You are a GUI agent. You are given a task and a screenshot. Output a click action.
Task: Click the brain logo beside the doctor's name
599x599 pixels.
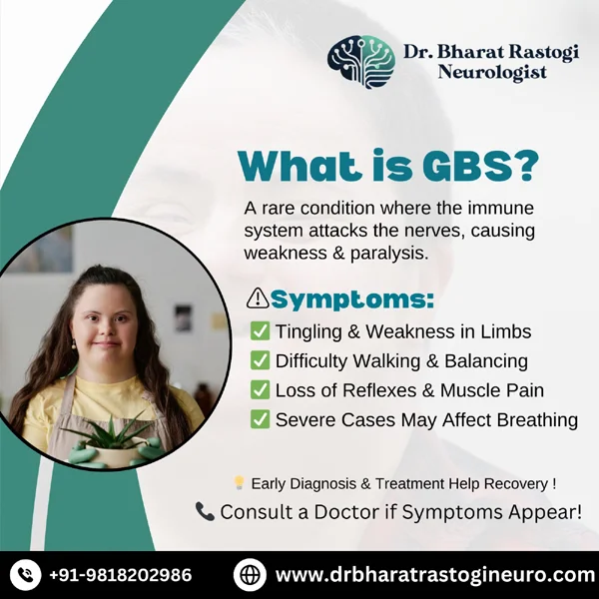(x=361, y=62)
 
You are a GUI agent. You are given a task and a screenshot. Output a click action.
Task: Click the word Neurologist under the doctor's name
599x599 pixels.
(x=492, y=72)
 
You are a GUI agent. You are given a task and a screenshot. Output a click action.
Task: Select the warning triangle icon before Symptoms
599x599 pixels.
(x=258, y=299)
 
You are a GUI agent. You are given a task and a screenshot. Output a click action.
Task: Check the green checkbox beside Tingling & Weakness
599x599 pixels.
(x=260, y=330)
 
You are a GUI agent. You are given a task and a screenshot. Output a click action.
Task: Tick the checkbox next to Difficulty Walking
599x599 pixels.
(x=260, y=360)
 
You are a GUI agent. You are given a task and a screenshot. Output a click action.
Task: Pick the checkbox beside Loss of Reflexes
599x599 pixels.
(x=260, y=389)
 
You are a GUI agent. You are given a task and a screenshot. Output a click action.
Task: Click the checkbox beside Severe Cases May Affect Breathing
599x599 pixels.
(x=260, y=419)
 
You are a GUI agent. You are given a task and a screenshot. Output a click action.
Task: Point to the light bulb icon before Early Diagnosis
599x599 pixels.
(x=239, y=482)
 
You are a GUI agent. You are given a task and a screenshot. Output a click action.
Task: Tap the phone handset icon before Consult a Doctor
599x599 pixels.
(x=205, y=511)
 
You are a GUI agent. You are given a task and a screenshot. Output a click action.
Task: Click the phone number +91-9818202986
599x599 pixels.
(x=121, y=575)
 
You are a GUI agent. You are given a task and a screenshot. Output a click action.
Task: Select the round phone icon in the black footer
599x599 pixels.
(x=25, y=575)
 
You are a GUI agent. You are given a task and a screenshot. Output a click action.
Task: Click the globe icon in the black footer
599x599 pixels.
(x=250, y=575)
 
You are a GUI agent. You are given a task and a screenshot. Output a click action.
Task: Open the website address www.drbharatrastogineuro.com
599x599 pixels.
(x=434, y=575)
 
